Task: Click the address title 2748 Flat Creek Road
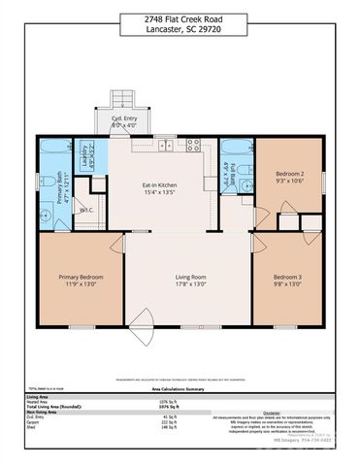tap(180, 17)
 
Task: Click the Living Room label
tap(180, 280)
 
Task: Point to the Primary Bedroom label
tap(75, 280)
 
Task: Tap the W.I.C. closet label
tap(86, 209)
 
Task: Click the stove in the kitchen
tap(193, 148)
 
